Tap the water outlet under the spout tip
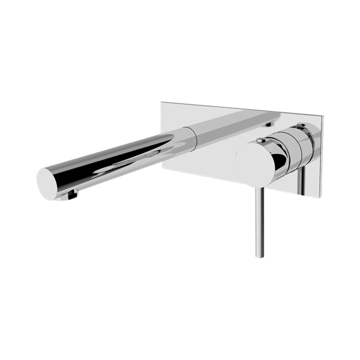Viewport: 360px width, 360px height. click(x=73, y=193)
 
